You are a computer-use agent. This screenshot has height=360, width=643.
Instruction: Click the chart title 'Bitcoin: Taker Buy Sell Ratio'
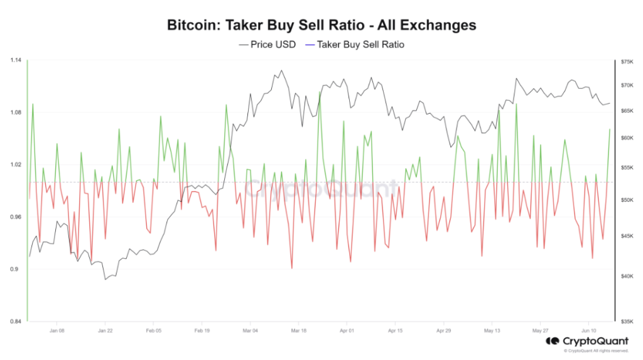tap(321, 26)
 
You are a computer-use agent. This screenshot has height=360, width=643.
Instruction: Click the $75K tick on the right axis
tap(627, 62)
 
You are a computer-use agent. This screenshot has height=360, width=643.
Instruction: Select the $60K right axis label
tap(627, 138)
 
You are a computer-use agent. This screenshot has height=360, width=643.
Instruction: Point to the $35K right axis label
tap(627, 322)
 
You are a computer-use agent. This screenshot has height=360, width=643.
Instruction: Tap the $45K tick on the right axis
tap(627, 236)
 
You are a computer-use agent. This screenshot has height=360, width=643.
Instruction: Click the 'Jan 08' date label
tap(57, 330)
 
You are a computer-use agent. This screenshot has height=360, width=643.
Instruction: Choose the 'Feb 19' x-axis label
tap(201, 330)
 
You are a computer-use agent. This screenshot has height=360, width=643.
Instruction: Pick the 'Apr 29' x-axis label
tap(443, 330)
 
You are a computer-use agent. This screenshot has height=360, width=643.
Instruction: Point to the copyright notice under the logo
tap(596, 351)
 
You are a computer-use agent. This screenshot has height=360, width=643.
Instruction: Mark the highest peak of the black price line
tap(281, 70)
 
